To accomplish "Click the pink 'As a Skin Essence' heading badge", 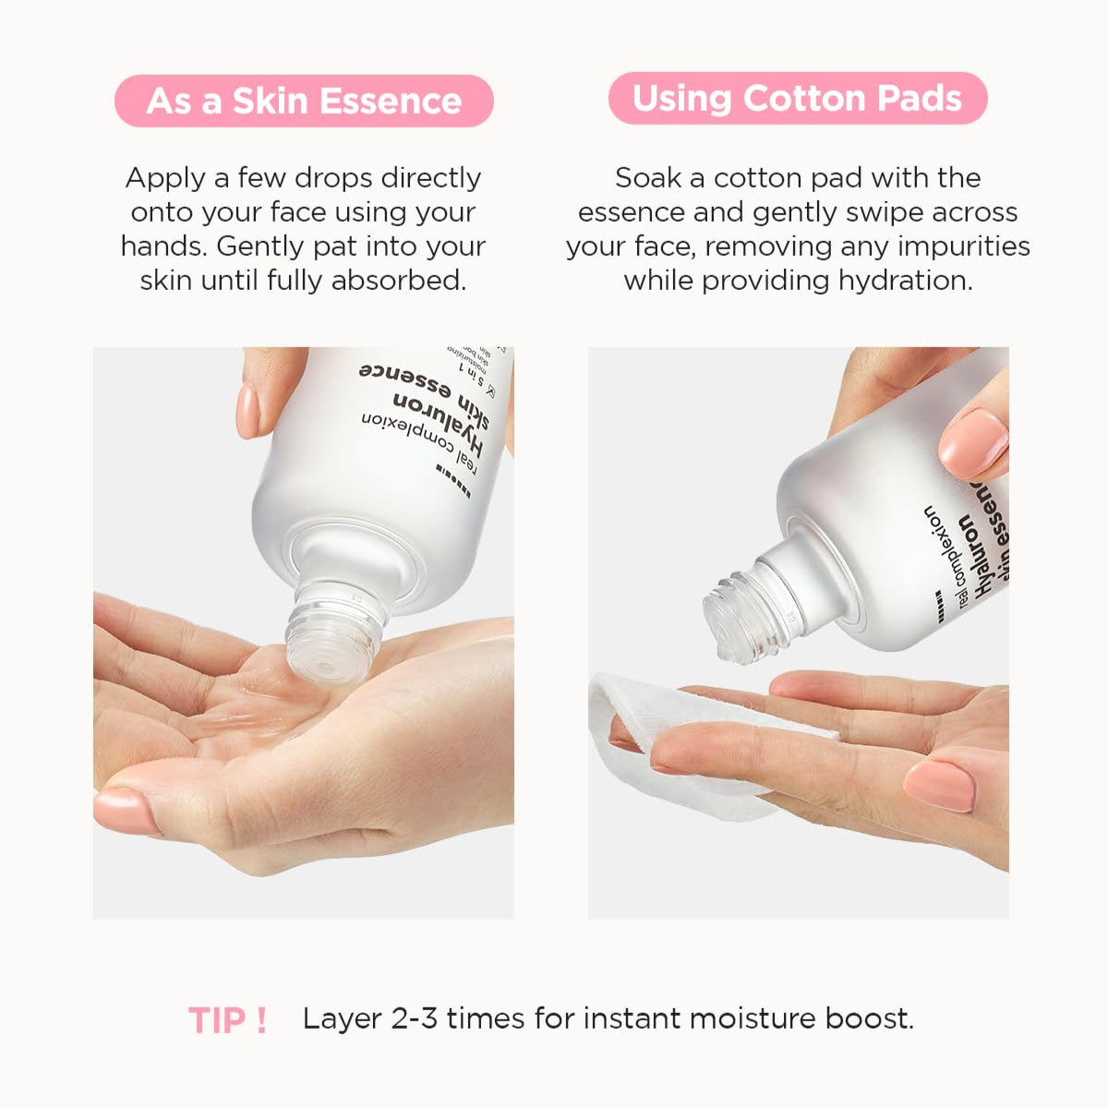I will pos(304,101).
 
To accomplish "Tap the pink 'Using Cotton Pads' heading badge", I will pos(798,98).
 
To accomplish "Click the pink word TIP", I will pos(218,1020).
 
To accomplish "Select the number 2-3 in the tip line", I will pos(415,1018).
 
